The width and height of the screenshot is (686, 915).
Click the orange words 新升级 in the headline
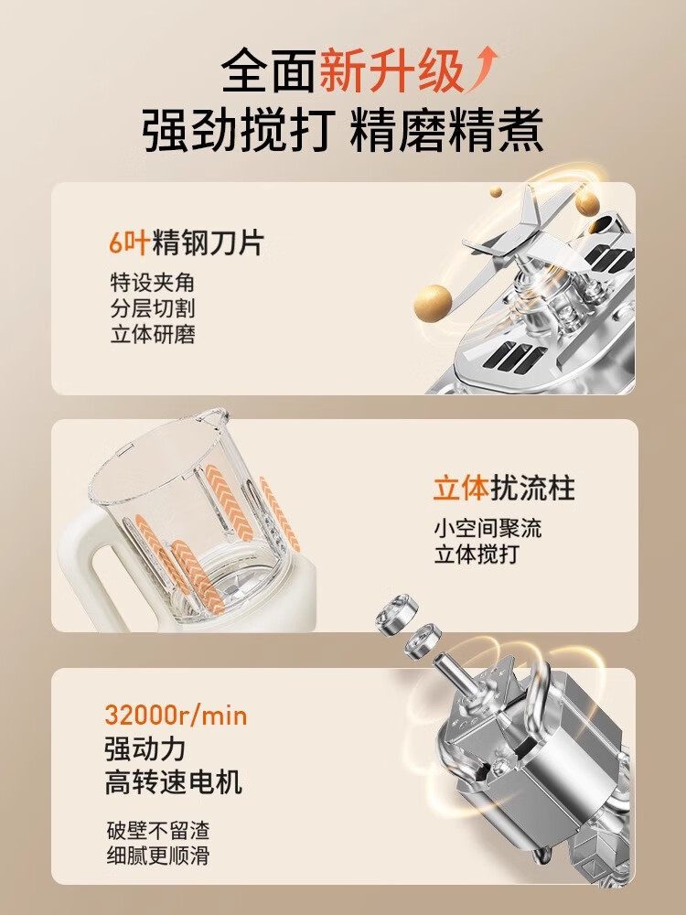tap(391, 71)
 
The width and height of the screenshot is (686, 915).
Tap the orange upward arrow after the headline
tap(486, 70)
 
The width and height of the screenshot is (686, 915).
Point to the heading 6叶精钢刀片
tap(186, 242)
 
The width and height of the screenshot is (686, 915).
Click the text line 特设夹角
tap(152, 283)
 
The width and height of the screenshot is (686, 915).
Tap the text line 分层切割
tap(152, 308)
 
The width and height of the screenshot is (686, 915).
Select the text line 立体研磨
tap(152, 333)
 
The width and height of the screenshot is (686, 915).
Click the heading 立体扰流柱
tap(504, 489)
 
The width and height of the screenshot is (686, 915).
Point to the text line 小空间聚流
tap(488, 529)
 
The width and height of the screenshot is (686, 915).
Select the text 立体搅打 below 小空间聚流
tap(476, 554)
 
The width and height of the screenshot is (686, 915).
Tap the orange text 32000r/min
tap(177, 714)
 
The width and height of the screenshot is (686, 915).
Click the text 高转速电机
tap(174, 782)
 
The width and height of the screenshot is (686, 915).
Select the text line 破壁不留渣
tap(158, 832)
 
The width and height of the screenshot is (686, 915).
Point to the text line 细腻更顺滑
tap(158, 857)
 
